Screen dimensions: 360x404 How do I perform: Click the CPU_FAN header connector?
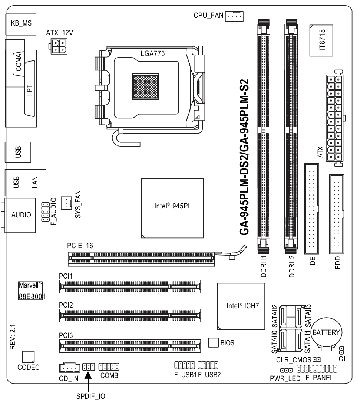(234, 16)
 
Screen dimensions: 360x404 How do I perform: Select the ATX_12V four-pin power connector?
(59, 46)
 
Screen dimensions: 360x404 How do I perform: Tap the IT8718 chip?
(321, 40)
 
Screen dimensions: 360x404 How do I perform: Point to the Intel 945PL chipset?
(172, 208)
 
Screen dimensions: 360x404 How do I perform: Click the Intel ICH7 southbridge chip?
(241, 306)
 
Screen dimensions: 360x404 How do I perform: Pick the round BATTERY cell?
(326, 333)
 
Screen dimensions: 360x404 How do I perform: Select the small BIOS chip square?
(214, 343)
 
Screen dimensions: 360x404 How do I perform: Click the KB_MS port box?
(21, 24)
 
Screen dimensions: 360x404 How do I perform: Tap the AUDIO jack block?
(20, 216)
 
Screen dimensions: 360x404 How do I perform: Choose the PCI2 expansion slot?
(130, 315)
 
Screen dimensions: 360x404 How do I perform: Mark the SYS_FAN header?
(66, 203)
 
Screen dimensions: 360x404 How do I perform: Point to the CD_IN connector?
(70, 367)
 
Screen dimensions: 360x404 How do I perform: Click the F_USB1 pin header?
(185, 365)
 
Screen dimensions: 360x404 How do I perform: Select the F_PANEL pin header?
(317, 369)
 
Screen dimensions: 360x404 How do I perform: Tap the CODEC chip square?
(28, 357)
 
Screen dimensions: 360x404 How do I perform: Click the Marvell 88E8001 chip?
(30, 291)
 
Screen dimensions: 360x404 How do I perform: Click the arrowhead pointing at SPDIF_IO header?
(88, 375)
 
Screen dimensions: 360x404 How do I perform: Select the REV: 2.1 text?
(13, 337)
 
